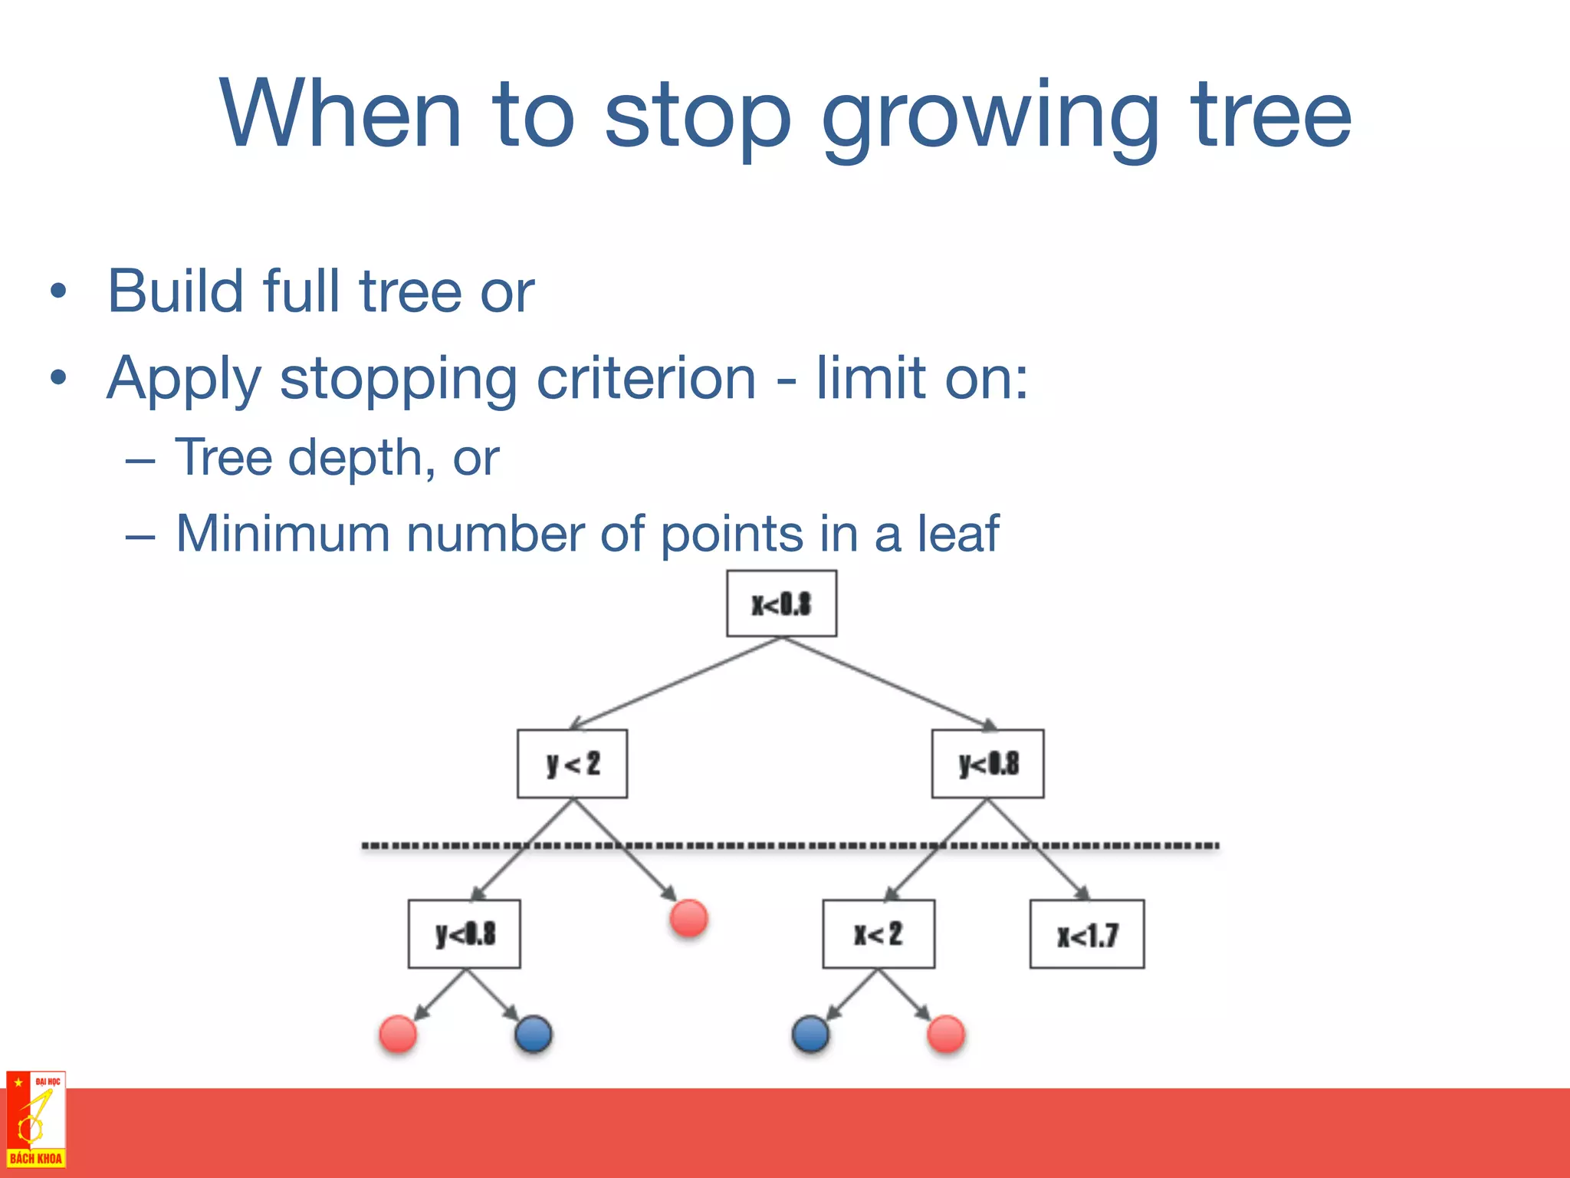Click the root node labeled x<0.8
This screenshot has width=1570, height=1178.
point(781,604)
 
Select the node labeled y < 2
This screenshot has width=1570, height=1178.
point(572,764)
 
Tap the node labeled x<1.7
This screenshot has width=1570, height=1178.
point(1086,934)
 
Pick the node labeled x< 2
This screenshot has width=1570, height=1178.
point(879,934)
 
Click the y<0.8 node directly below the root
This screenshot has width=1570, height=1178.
point(987,764)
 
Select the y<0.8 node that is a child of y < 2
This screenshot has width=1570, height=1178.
point(464,934)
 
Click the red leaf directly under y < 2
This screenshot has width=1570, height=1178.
point(688,918)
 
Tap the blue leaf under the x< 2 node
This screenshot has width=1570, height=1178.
point(810,1034)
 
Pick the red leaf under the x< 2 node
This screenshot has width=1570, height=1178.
point(945,1034)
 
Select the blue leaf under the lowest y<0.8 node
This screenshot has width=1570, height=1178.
point(534,1034)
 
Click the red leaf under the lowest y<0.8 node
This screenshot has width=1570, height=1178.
point(398,1034)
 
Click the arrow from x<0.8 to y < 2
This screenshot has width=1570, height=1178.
point(675,683)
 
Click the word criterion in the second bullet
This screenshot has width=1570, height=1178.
point(646,378)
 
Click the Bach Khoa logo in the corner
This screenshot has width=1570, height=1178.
point(35,1119)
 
